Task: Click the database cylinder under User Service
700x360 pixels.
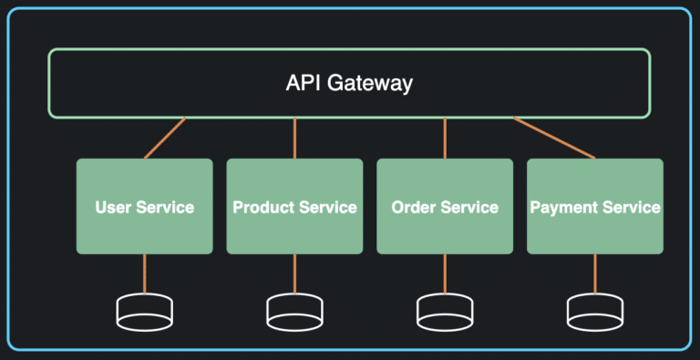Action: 144,312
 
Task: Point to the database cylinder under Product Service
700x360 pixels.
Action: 294,312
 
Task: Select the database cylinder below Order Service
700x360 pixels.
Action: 445,312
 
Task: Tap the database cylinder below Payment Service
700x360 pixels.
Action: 595,312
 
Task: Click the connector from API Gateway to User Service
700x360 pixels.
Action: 165,138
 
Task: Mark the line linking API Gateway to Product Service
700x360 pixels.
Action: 294,138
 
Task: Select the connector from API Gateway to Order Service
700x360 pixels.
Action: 445,138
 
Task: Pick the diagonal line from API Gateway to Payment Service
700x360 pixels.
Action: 554,138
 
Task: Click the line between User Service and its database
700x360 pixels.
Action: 144,274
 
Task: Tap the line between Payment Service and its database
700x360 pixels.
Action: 595,274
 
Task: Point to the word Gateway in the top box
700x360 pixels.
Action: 369,84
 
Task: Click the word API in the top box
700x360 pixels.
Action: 303,84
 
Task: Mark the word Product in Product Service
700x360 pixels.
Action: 262,208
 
